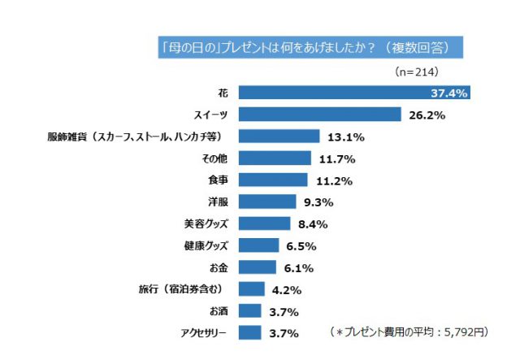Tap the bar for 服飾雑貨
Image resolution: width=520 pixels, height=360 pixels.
pos(279,137)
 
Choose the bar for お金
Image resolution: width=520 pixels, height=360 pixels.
pos(258,267)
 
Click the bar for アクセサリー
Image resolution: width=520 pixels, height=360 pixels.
pos(250,332)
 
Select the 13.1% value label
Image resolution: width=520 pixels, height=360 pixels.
pos(344,137)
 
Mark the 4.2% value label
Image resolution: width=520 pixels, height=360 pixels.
pos(285,289)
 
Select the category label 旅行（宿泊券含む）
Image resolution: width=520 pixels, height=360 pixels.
pos(183,289)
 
